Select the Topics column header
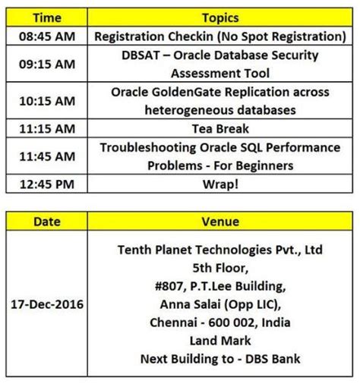tap(220, 17)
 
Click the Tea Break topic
tap(220, 128)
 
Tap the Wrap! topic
tap(220, 184)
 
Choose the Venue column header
tap(220, 221)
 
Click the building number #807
tap(166, 285)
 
